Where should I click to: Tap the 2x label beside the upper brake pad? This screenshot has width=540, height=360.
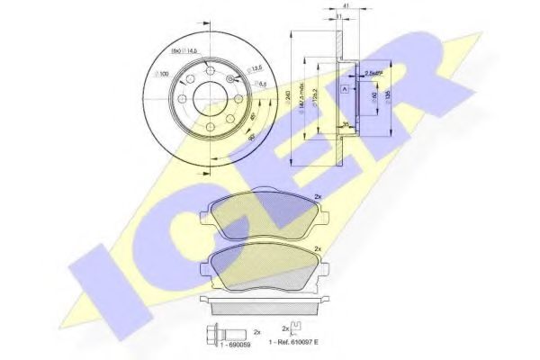(317, 199)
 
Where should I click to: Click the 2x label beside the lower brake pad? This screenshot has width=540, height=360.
(317, 247)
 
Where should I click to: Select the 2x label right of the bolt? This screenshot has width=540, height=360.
(256, 332)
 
